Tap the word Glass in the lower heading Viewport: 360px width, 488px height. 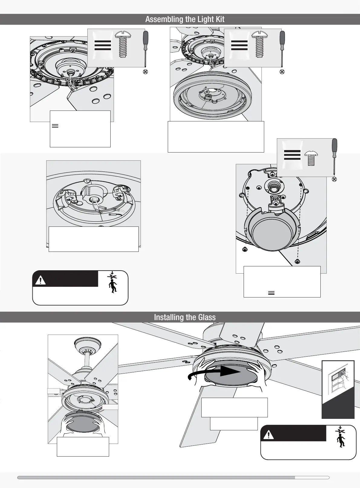(207, 317)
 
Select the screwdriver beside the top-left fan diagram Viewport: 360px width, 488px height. (145, 48)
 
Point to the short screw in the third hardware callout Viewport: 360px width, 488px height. (311, 158)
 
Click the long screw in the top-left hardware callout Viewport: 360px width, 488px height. (122, 44)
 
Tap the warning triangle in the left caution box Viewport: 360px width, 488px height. (40, 281)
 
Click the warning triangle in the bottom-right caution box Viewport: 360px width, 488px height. (268, 435)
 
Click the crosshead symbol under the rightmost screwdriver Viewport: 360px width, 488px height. (334, 179)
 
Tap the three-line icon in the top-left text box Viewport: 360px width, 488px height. (55, 126)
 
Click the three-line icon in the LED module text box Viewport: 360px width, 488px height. (271, 293)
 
